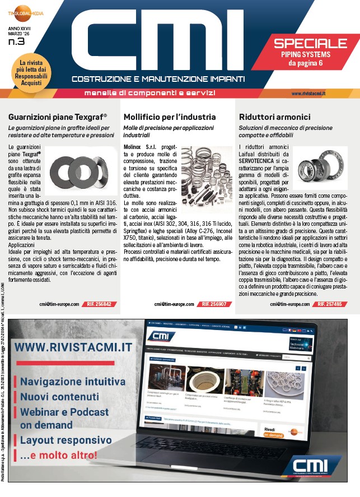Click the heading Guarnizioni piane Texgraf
point(58,117)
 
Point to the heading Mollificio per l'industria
point(169,117)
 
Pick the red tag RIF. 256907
point(215,304)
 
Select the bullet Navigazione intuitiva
point(73,382)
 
